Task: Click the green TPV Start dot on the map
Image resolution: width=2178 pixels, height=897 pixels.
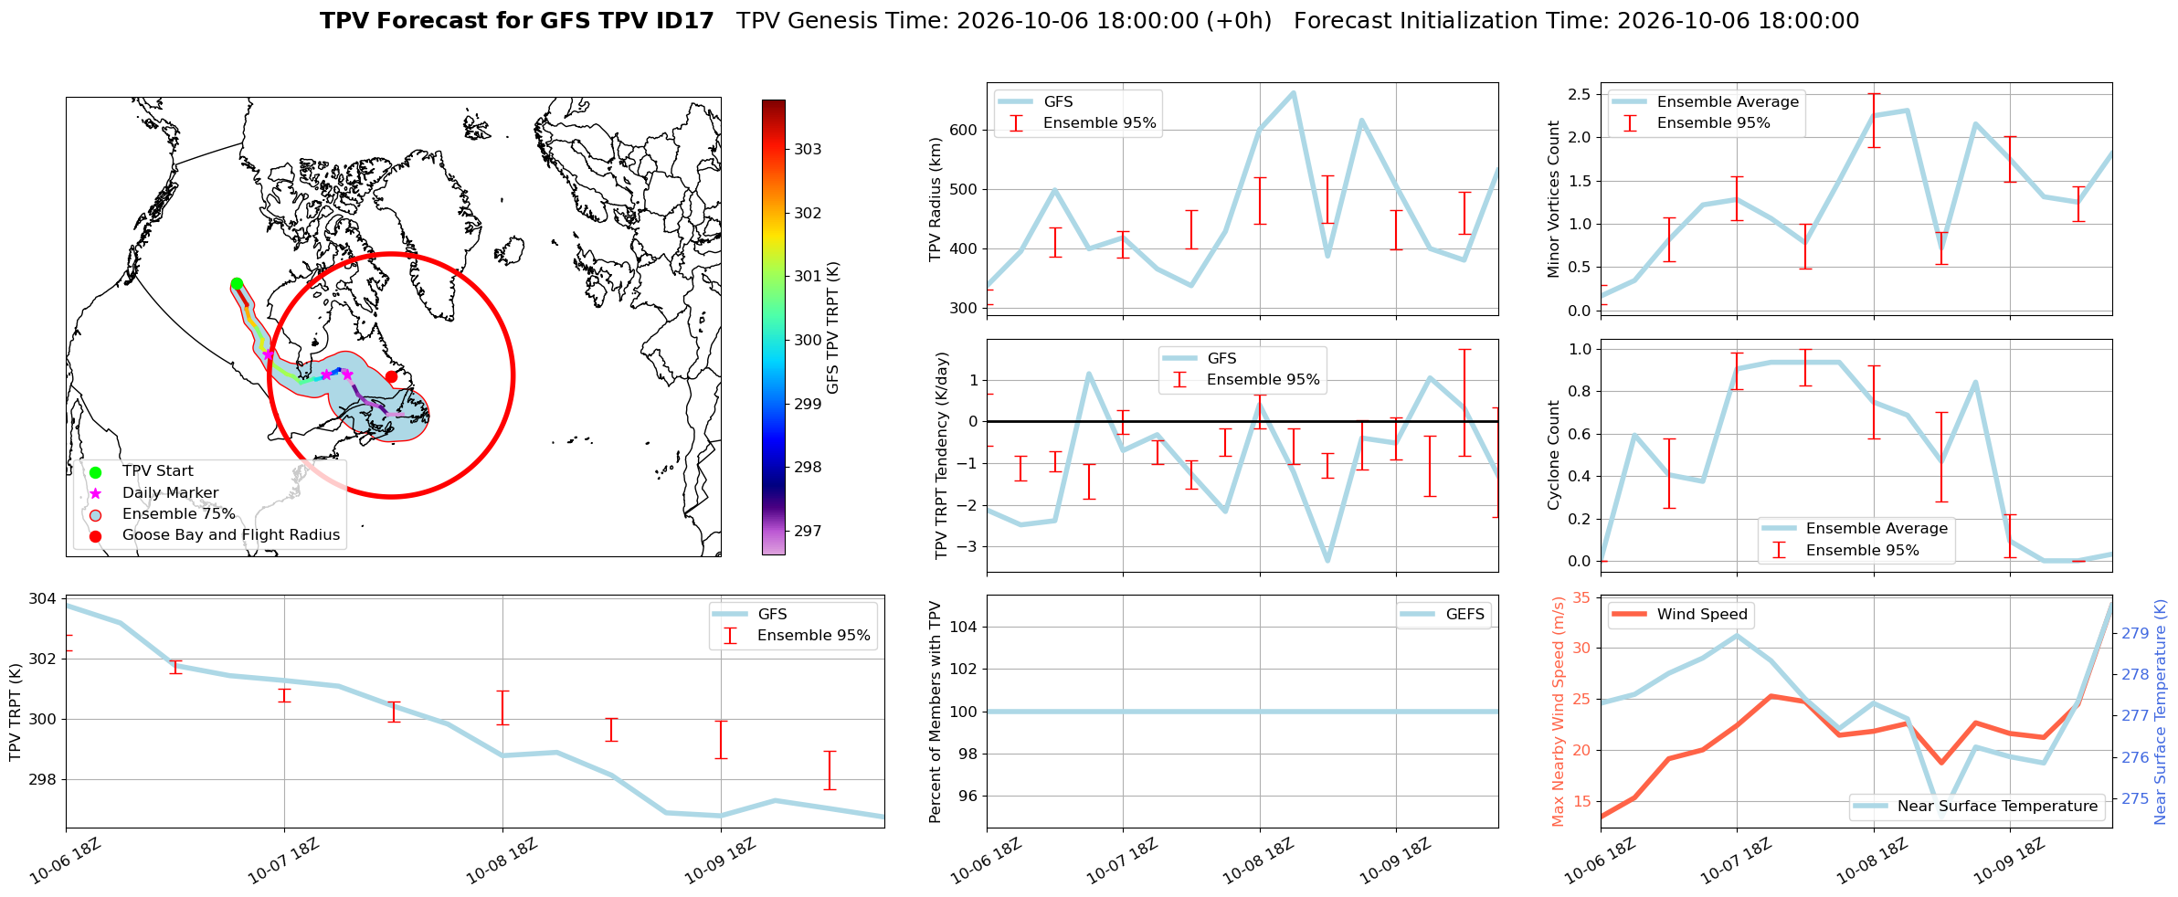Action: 237,283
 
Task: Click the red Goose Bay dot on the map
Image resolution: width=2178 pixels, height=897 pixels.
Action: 391,376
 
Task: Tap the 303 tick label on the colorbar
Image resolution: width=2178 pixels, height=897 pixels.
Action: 808,149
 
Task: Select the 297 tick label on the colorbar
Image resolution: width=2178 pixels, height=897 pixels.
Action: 808,531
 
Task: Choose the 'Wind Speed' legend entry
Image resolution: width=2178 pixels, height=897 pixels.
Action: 1679,615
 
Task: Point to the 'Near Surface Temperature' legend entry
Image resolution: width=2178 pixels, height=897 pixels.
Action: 1978,807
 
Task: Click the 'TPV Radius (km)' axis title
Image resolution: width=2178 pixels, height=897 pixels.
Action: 936,199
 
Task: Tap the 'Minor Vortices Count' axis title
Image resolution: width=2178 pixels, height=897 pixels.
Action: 1554,199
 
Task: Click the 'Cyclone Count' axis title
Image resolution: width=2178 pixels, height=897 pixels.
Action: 1554,455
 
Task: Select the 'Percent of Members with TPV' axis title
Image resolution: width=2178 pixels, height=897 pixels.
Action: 936,712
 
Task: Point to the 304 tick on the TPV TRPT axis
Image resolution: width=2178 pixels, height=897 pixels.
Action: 44,599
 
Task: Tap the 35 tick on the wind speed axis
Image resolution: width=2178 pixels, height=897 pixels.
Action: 1581,598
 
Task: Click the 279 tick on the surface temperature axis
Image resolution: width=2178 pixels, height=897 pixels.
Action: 2135,633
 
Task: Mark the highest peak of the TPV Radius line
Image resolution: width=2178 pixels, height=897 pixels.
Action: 1294,92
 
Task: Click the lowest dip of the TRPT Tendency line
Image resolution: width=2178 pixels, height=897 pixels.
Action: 1327,561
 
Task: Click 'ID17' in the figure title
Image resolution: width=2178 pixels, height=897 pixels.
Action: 680,21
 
